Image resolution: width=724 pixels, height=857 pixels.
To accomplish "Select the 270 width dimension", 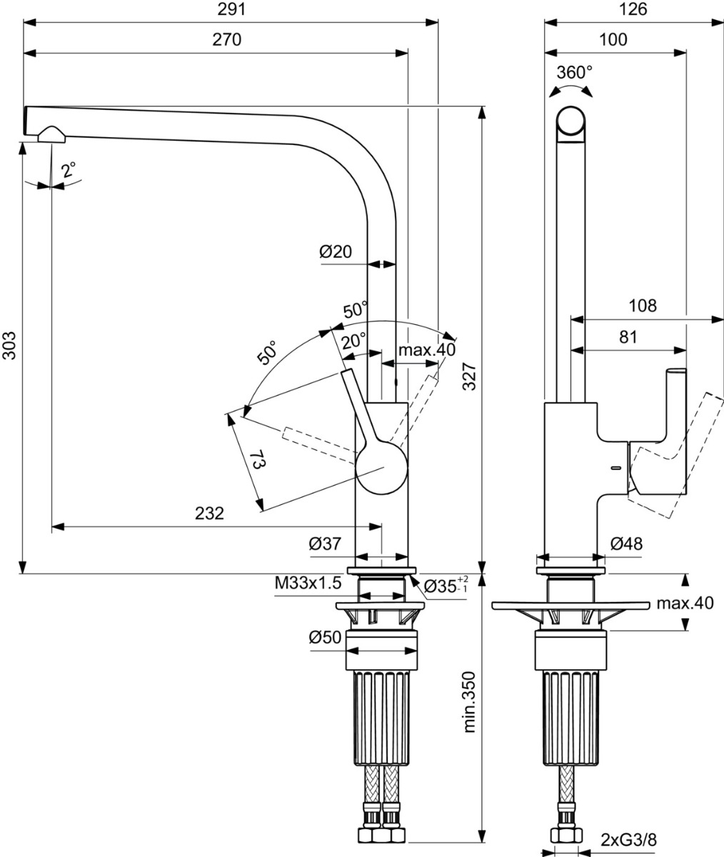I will [226, 40].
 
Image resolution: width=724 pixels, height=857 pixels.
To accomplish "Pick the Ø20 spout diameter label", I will [336, 251].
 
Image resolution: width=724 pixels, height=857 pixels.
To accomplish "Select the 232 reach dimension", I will [209, 513].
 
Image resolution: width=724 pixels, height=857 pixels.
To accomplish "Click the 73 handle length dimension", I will [258, 459].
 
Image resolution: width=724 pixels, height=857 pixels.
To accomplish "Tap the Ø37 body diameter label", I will [325, 543].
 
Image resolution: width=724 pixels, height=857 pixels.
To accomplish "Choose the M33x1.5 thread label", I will [308, 583].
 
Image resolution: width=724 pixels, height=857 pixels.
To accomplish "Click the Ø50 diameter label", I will [325, 638].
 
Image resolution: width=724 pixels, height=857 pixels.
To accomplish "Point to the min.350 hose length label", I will [469, 701].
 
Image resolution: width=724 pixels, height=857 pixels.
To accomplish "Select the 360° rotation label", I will [574, 72].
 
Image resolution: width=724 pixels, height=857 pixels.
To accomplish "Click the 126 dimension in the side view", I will [632, 9].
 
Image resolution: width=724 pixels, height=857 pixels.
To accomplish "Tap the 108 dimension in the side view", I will [642, 306].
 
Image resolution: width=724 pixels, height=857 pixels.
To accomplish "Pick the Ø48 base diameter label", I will [626, 543].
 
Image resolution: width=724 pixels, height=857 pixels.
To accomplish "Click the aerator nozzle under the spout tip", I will [51, 134].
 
